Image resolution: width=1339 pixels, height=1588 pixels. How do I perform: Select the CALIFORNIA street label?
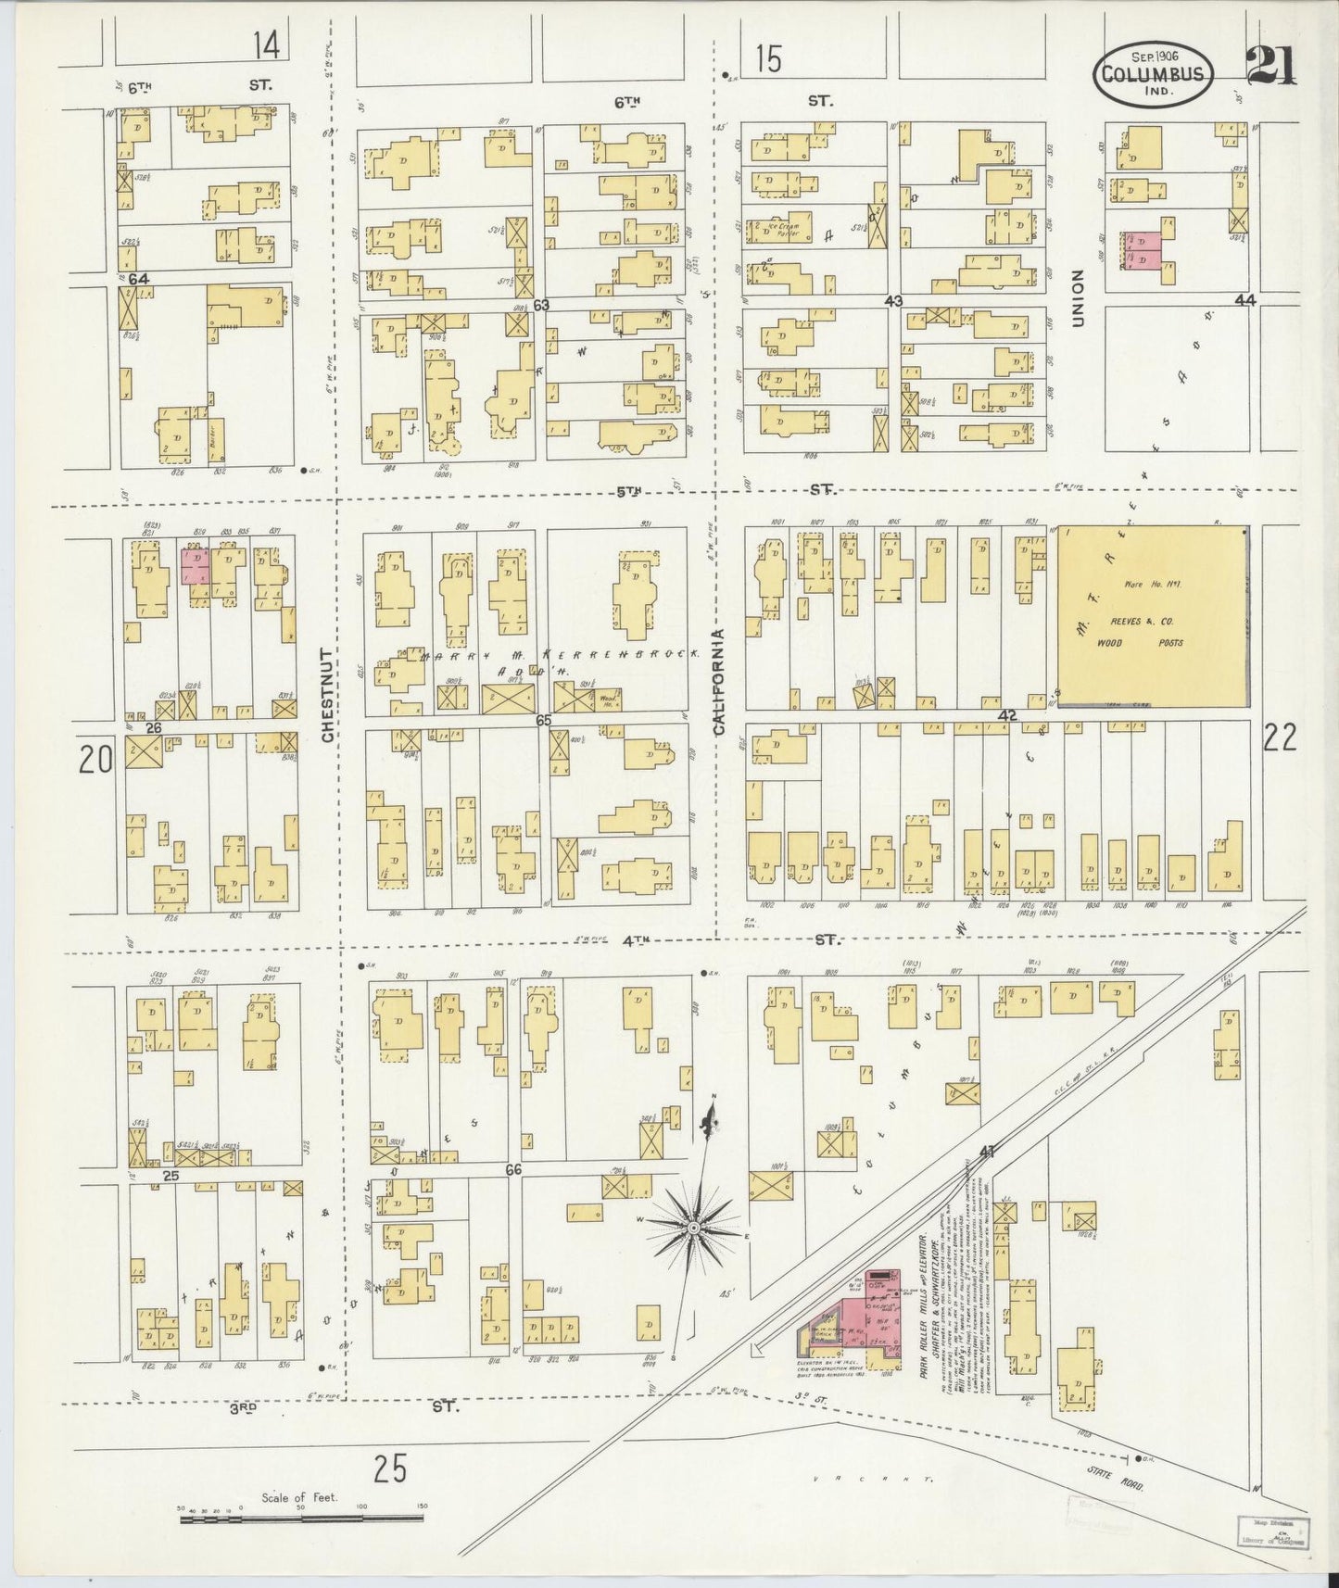(x=717, y=682)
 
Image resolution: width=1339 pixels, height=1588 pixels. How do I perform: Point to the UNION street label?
(x=1077, y=298)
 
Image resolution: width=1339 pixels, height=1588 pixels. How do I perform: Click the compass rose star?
(x=692, y=1229)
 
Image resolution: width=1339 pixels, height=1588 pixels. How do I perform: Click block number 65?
(x=543, y=720)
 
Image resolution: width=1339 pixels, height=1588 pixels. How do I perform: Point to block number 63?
(x=541, y=305)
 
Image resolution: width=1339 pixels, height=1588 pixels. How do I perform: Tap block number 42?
(x=1008, y=715)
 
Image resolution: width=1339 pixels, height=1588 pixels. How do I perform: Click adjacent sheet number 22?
(x=1280, y=737)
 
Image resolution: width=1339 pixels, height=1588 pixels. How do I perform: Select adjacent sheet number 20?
(x=95, y=760)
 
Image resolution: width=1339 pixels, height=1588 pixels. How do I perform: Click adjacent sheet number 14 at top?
(x=265, y=44)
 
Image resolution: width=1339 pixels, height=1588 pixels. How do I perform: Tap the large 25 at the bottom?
(x=390, y=1468)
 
